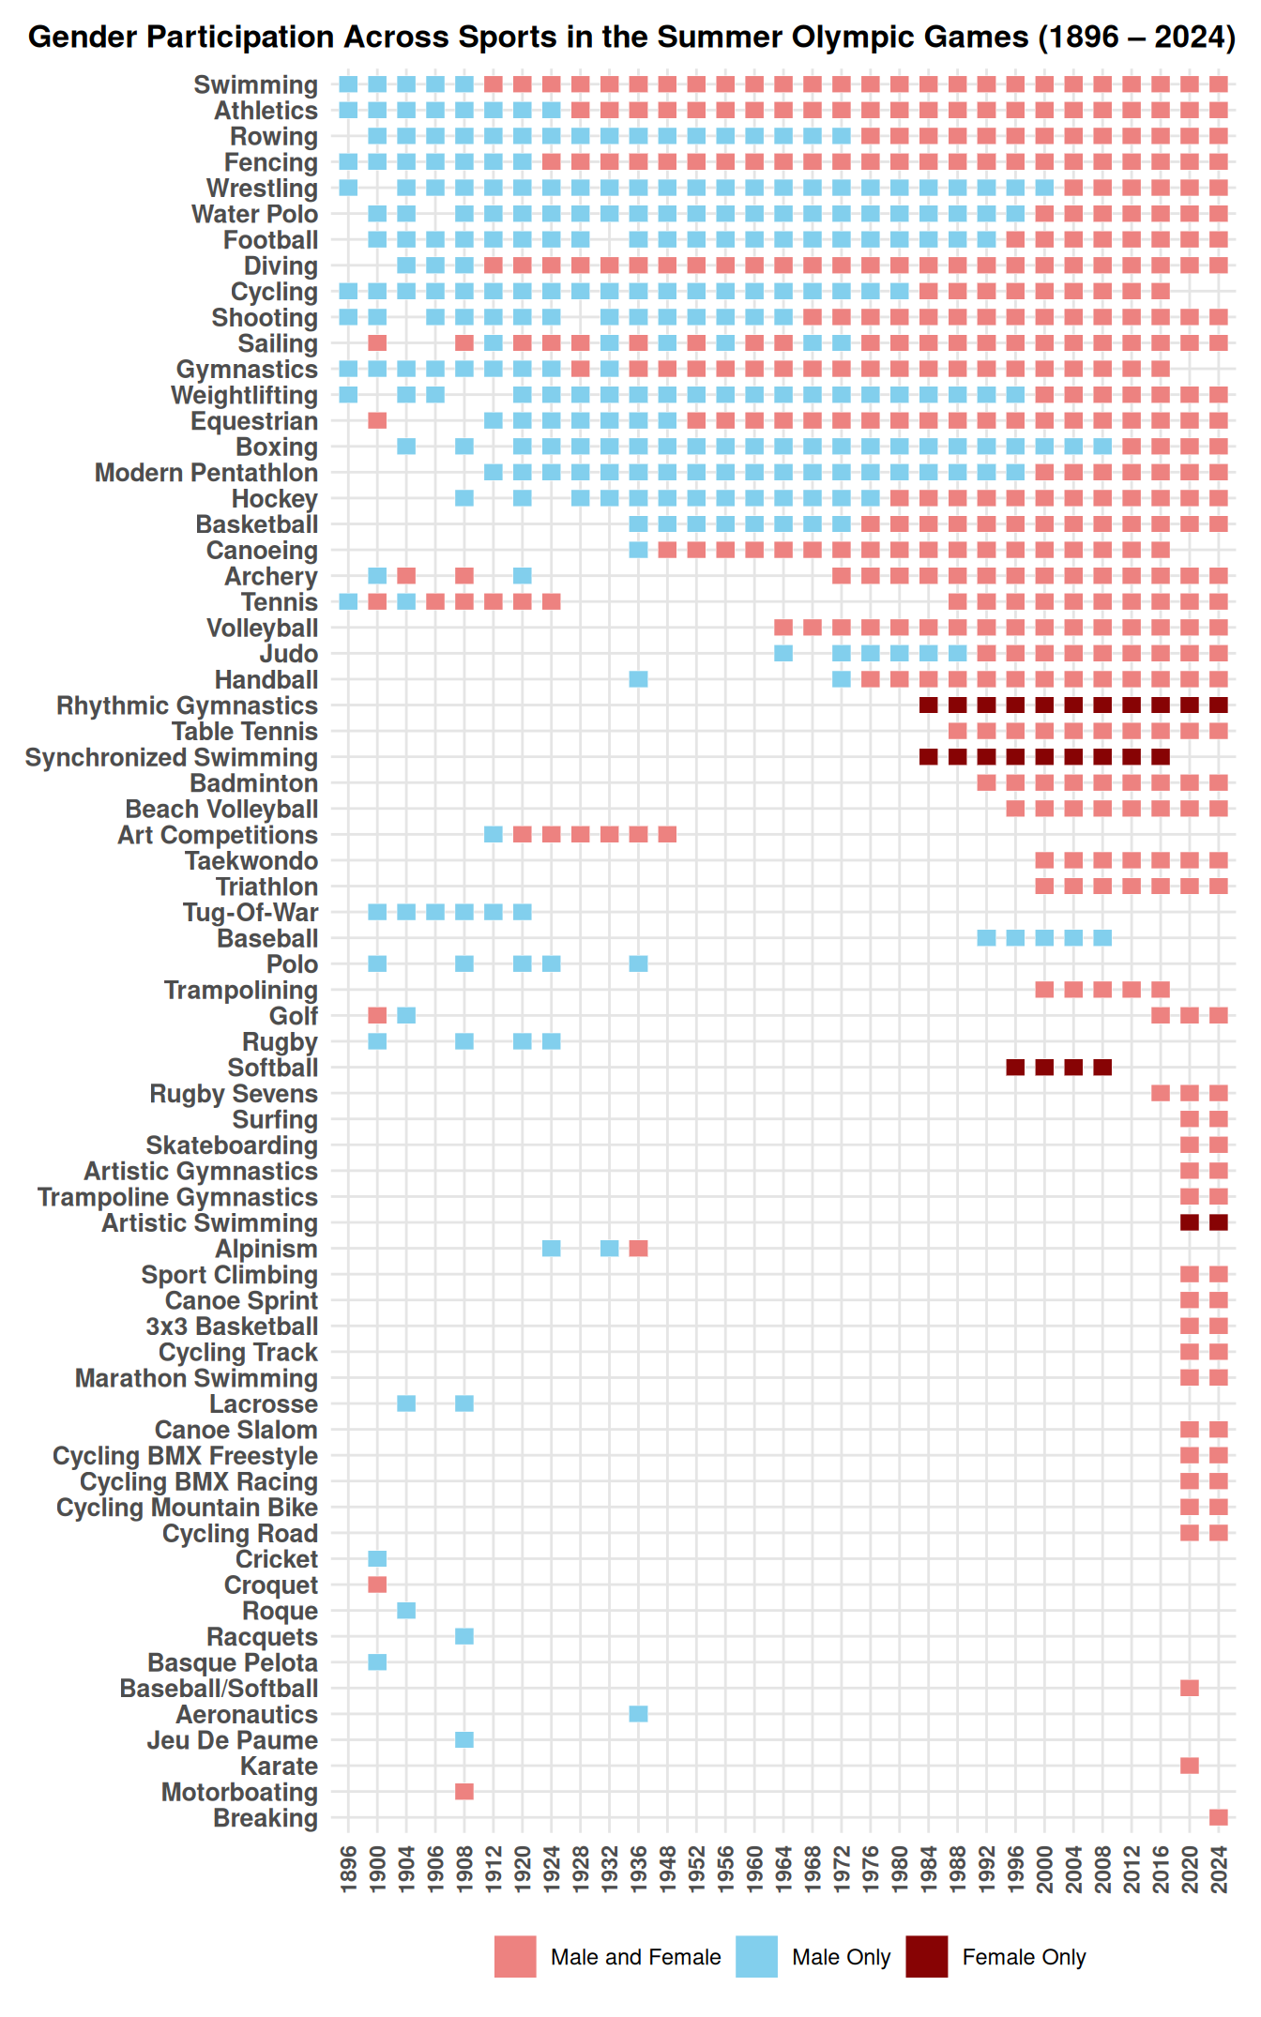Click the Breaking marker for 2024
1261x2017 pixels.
click(x=1218, y=1817)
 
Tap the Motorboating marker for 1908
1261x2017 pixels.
click(x=464, y=1792)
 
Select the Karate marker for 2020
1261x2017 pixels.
click(x=1189, y=1766)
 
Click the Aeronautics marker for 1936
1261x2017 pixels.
click(x=638, y=1714)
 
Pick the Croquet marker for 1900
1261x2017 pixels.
click(x=377, y=1585)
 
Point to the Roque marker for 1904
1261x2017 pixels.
click(x=406, y=1611)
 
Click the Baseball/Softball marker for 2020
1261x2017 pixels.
click(x=1189, y=1688)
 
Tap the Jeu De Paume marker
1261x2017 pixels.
click(x=464, y=1740)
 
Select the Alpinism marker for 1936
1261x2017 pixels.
click(x=638, y=1249)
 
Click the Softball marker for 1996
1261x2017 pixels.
click(x=1015, y=1068)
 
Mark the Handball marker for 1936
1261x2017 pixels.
click(x=638, y=679)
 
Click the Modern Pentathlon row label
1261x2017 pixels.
click(x=206, y=473)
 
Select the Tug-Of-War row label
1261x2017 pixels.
click(x=251, y=913)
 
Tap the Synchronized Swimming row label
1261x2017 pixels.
click(x=172, y=758)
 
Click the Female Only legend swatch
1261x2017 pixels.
click(x=926, y=1957)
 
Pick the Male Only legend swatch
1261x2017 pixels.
click(x=756, y=1957)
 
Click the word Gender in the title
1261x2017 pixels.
click(x=85, y=38)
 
